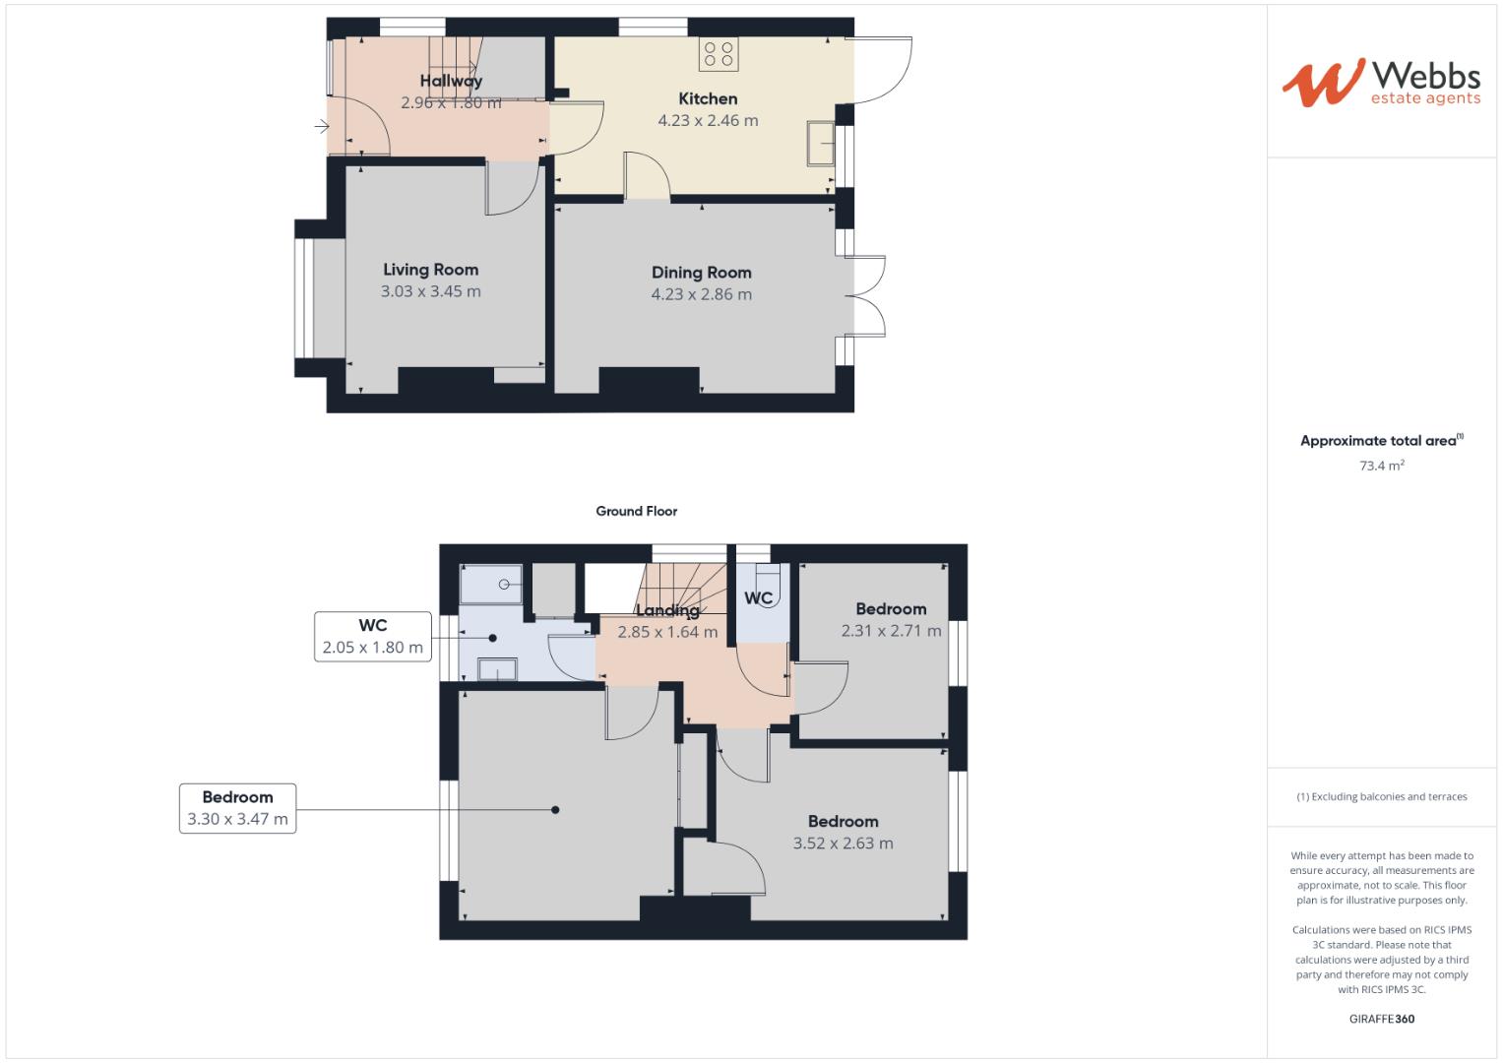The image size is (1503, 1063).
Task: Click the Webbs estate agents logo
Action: (x=1380, y=83)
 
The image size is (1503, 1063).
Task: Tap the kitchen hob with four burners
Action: (x=719, y=54)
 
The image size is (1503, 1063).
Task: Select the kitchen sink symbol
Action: (x=819, y=144)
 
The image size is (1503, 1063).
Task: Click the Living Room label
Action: (x=430, y=270)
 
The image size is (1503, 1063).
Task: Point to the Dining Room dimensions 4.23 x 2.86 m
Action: (x=701, y=294)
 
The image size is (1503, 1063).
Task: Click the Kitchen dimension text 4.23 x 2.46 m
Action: (x=708, y=121)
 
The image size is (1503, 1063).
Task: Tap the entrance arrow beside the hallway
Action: (x=322, y=126)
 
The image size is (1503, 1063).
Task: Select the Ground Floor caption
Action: (x=636, y=511)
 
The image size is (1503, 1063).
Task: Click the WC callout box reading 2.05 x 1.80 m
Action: (x=373, y=637)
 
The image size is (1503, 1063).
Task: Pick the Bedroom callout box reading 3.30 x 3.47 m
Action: (x=237, y=808)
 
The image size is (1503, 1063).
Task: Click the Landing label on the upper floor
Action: (x=667, y=610)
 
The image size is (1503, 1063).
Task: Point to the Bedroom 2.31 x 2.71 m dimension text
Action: (x=891, y=631)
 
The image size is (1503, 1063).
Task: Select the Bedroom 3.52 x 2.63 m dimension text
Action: (x=843, y=844)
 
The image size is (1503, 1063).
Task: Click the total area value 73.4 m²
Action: (x=1381, y=466)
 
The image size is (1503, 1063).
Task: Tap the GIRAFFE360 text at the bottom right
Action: (x=1381, y=1019)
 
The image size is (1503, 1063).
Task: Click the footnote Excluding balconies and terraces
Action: (x=1381, y=796)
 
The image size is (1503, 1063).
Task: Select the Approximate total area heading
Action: (x=1381, y=441)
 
